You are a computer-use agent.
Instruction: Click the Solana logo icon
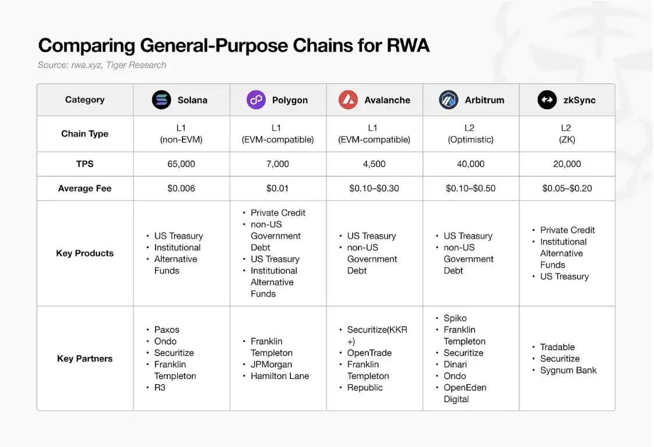coord(161,100)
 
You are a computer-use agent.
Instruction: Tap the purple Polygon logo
coord(256,100)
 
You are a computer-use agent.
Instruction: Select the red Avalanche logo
coord(348,100)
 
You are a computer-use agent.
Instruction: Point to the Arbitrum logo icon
coord(448,100)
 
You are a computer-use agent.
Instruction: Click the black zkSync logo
coord(547,100)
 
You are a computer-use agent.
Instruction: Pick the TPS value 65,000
coord(181,164)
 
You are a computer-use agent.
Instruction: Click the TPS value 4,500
coord(374,164)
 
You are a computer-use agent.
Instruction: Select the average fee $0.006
coord(181,189)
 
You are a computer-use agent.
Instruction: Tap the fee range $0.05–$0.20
coord(567,189)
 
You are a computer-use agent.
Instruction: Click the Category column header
coord(85,100)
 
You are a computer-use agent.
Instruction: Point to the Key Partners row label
coord(85,359)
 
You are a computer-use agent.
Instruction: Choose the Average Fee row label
coord(85,189)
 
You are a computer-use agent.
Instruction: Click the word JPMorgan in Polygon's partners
coord(271,364)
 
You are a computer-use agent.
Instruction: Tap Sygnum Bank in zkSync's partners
coord(568,370)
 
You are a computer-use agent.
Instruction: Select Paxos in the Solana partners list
coord(167,329)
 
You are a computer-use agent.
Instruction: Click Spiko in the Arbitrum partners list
coord(455,318)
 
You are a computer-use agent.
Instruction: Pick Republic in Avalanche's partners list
coord(365,388)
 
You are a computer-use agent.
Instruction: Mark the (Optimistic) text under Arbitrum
coord(470,140)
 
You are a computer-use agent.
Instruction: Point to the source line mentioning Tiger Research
coord(102,65)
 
